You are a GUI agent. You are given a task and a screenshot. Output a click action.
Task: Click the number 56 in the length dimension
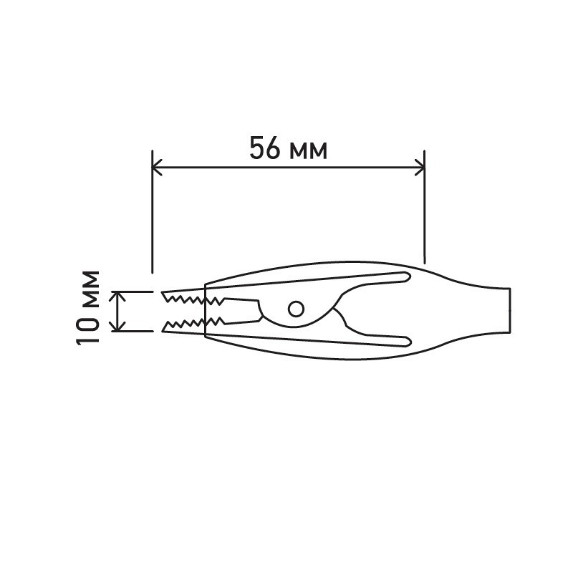click(x=265, y=148)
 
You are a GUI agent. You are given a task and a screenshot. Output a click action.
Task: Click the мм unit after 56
click(x=308, y=151)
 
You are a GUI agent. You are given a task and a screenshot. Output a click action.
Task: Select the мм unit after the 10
click(x=88, y=289)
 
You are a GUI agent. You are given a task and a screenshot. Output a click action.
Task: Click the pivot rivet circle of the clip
click(x=296, y=309)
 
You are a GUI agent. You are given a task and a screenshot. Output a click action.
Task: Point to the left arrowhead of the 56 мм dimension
click(x=156, y=168)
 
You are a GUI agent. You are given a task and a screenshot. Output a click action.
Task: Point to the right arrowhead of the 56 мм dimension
click(x=420, y=168)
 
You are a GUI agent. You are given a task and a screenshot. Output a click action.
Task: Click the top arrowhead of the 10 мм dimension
click(x=117, y=296)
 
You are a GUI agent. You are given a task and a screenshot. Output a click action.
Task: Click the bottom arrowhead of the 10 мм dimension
click(x=117, y=327)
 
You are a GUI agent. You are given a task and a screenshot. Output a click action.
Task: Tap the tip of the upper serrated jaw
click(x=162, y=292)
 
